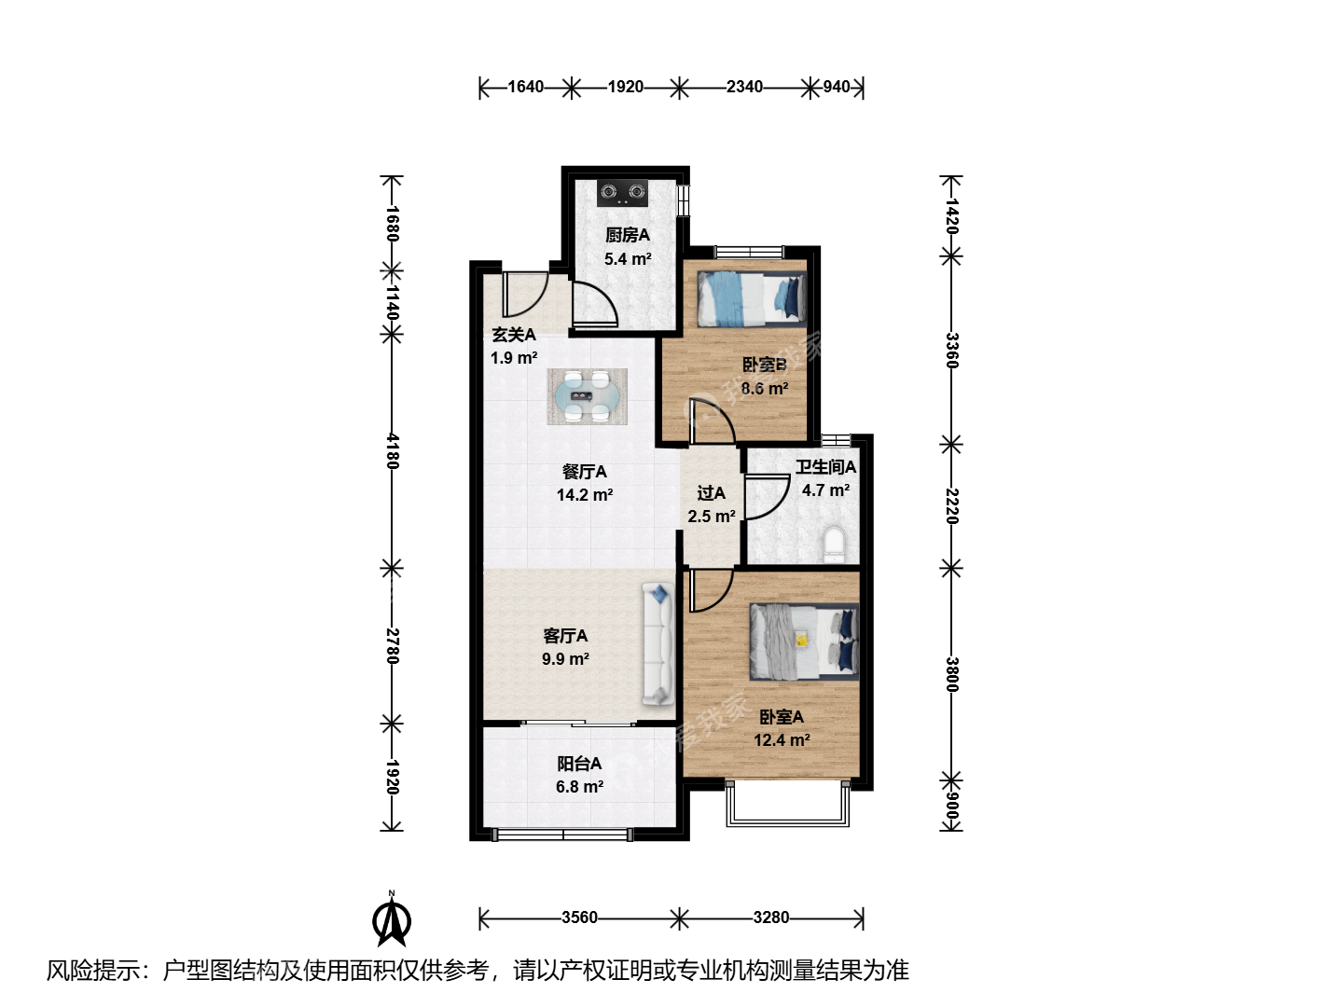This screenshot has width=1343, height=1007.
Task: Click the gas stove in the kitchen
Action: click(x=622, y=193)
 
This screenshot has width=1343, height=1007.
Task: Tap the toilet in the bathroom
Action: click(x=834, y=545)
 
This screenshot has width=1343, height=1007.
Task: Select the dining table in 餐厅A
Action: click(x=587, y=396)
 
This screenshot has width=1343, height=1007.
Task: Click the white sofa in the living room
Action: click(x=658, y=643)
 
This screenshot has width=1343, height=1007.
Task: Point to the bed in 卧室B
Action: click(x=752, y=298)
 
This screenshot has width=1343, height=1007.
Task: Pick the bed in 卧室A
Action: click(x=804, y=641)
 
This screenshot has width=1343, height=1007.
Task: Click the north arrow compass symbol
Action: click(x=392, y=919)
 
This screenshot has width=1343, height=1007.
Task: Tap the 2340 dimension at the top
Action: click(x=744, y=87)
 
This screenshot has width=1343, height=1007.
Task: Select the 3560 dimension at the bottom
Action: click(x=579, y=917)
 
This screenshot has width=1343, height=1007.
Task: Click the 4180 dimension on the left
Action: click(x=393, y=450)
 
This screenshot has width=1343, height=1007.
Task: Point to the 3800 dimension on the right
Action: click(x=951, y=674)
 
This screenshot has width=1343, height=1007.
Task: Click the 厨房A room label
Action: click(x=627, y=235)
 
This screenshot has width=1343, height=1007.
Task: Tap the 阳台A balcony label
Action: click(x=579, y=763)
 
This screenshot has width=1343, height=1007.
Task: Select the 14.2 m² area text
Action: click(x=585, y=494)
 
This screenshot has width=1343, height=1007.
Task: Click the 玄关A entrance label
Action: click(x=514, y=335)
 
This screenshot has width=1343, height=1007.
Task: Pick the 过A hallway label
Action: click(x=711, y=493)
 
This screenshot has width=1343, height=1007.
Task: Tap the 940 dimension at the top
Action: click(x=836, y=87)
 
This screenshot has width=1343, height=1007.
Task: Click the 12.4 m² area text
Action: click(x=782, y=739)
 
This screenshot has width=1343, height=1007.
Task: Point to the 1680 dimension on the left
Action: click(x=393, y=224)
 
